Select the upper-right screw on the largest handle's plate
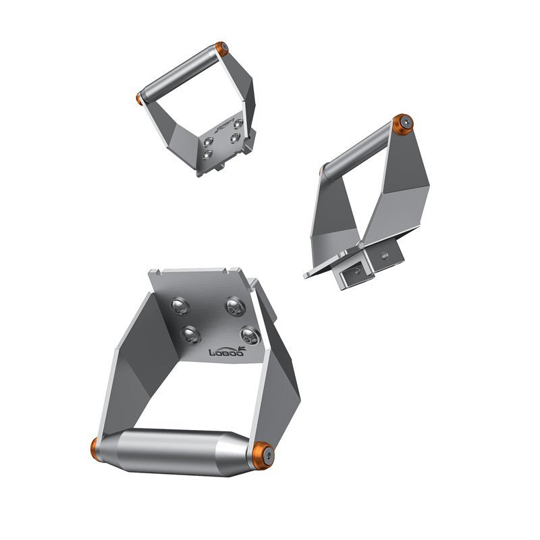[234, 307]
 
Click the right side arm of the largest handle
[277, 385]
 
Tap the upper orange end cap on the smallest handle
[221, 49]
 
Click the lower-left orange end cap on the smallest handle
[140, 98]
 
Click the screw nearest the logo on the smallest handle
[237, 123]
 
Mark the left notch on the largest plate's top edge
[157, 273]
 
